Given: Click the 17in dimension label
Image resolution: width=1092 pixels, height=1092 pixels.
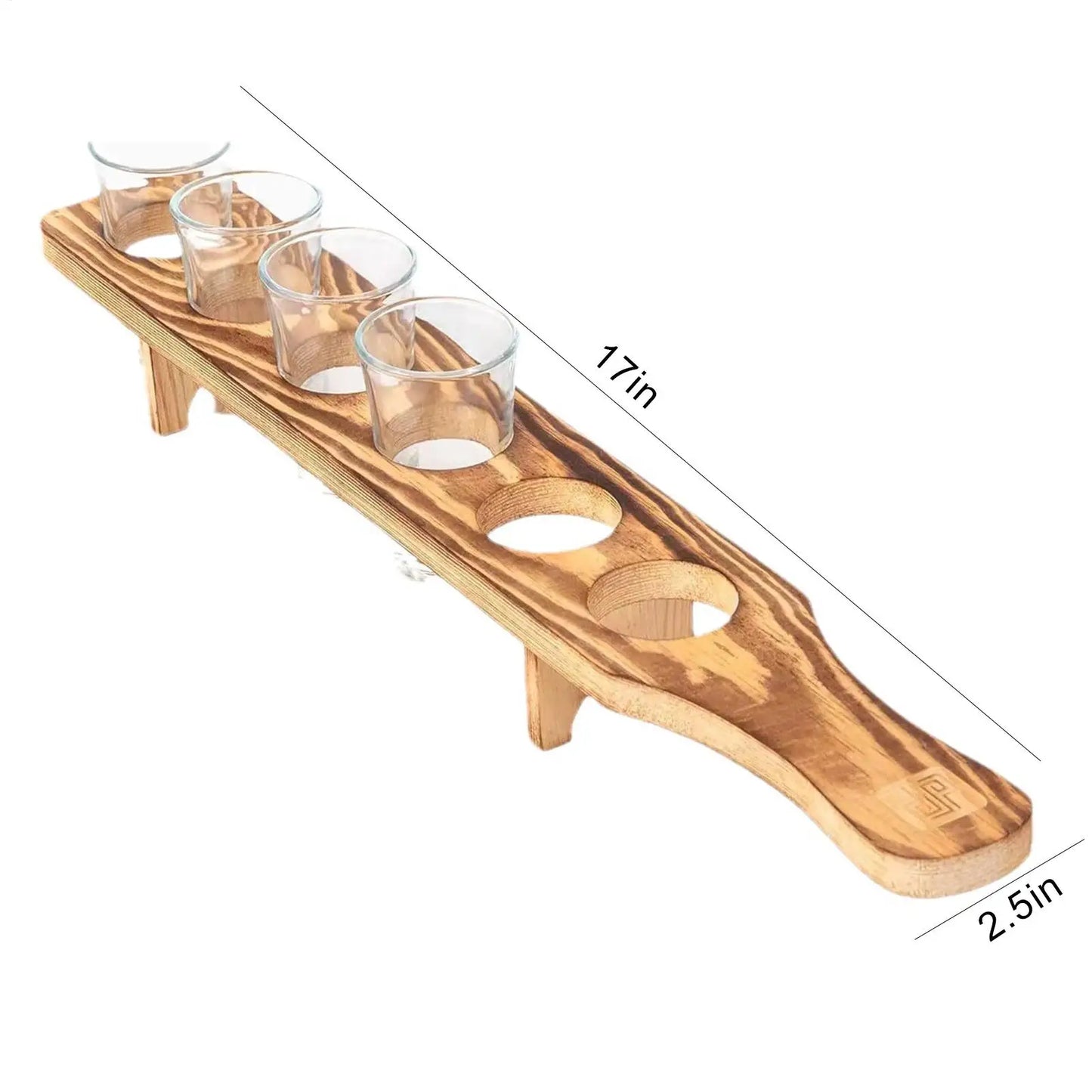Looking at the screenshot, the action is point(625,375).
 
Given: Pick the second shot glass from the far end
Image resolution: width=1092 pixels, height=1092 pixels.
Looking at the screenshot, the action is point(247,243).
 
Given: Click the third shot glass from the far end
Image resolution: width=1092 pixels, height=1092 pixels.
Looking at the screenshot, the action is point(338,309).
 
